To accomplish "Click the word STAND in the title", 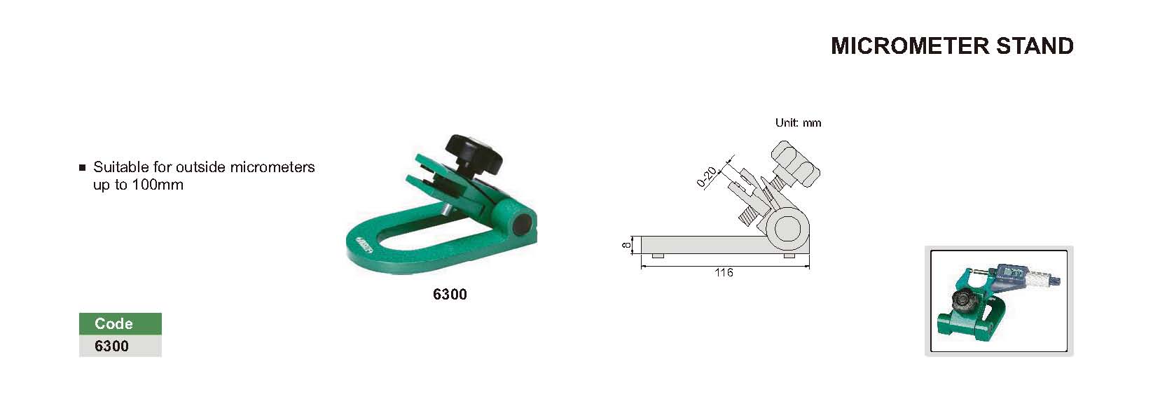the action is [x=1035, y=45].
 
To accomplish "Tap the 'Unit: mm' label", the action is [x=799, y=123].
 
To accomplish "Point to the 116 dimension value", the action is [x=724, y=273].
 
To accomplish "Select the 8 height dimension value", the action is [x=626, y=246].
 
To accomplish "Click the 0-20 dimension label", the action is [x=707, y=177].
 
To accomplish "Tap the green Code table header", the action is [x=120, y=323].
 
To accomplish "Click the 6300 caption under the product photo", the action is [x=450, y=294].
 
